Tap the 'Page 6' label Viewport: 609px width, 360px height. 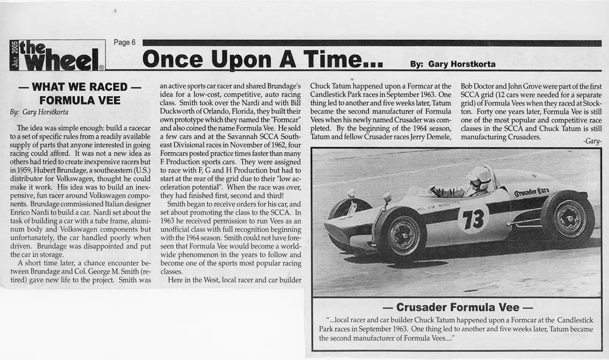point(125,42)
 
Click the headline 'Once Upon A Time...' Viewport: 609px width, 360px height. point(262,59)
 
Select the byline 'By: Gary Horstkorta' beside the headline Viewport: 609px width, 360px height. point(453,64)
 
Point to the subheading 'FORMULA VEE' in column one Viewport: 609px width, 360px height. point(80,100)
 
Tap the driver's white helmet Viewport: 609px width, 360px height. point(480,177)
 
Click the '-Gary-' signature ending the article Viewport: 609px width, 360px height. point(593,141)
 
